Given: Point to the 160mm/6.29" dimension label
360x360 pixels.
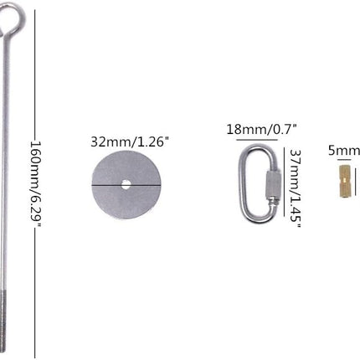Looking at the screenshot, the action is (36, 183).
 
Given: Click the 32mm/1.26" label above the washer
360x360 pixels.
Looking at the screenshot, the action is (130, 142).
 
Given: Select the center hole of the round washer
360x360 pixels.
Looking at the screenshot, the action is (126, 184).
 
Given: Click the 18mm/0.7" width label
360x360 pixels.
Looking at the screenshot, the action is (261, 130).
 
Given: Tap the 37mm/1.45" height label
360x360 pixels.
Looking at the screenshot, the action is (295, 188).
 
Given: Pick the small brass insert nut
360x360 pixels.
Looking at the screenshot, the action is (344, 182).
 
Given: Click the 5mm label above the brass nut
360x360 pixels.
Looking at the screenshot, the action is (344, 151).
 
